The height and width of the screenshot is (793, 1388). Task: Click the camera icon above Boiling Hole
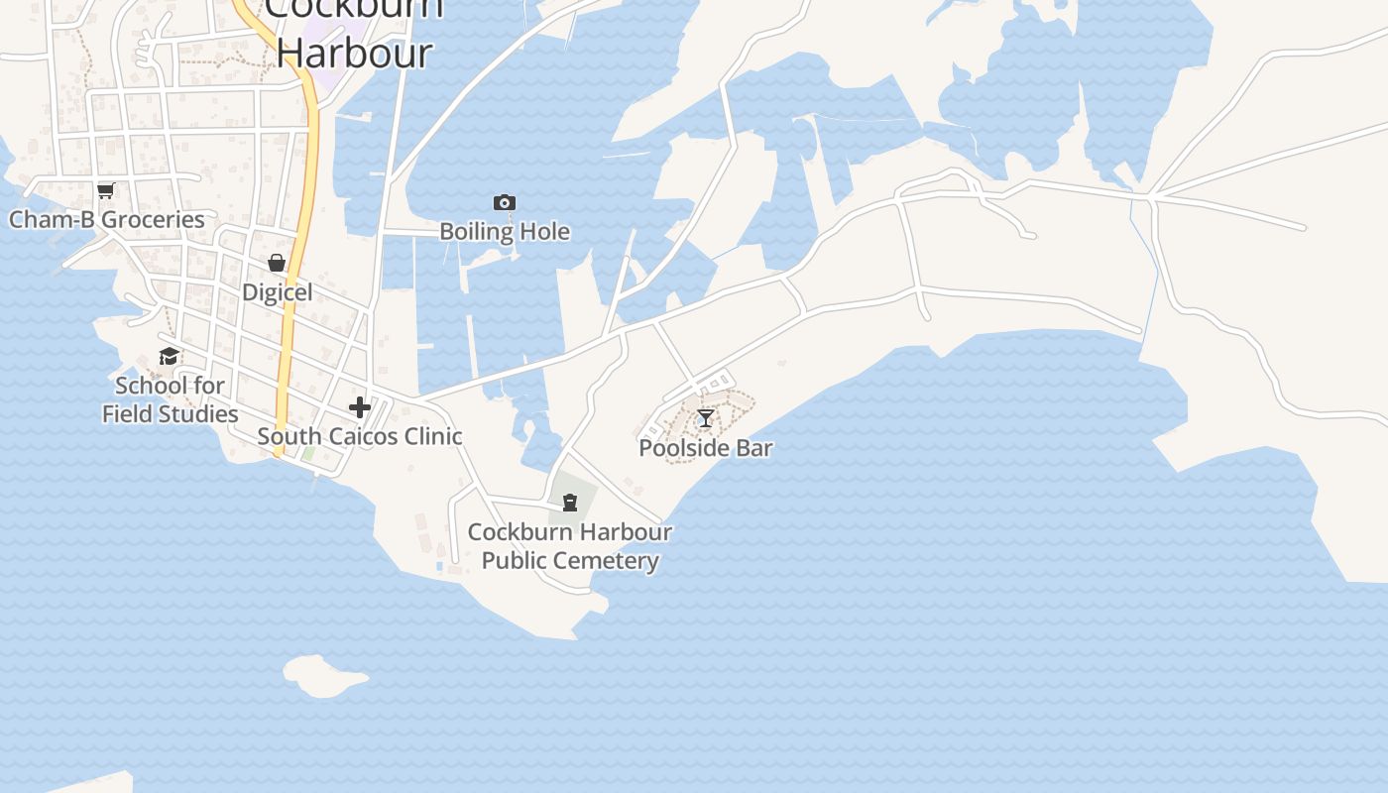click(x=505, y=203)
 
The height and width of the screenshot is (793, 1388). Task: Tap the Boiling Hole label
click(x=505, y=232)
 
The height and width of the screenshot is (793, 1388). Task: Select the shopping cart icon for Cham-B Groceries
click(x=105, y=190)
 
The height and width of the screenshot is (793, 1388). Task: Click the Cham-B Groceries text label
click(x=107, y=220)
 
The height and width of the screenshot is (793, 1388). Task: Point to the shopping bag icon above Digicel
click(x=277, y=263)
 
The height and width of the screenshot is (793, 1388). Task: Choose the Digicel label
click(x=278, y=292)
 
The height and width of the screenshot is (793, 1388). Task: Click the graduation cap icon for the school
click(x=170, y=357)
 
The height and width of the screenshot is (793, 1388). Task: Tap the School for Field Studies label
click(x=171, y=399)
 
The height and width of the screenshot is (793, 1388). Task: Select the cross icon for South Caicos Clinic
click(x=360, y=407)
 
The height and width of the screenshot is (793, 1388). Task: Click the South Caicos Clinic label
click(x=360, y=436)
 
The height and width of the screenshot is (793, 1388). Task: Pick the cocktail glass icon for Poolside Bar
click(x=705, y=418)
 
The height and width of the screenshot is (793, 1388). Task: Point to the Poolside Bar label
click(x=706, y=448)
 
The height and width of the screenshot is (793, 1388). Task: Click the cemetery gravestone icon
click(x=570, y=504)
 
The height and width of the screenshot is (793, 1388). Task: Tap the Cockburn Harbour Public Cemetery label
click(x=570, y=546)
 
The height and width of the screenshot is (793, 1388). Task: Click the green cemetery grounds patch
click(x=585, y=491)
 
